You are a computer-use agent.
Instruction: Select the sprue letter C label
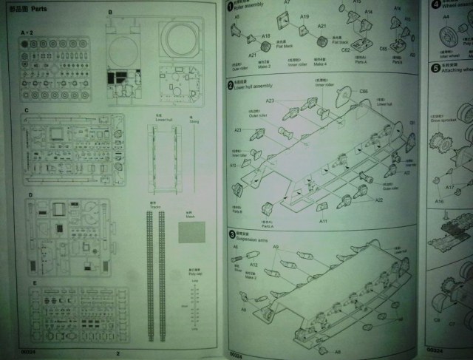pyautogui.click(x=27, y=110)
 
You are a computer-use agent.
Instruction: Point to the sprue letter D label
pyautogui.click(x=30, y=195)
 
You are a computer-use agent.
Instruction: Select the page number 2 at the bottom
pyautogui.click(x=117, y=353)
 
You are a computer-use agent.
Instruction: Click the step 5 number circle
pyautogui.click(x=435, y=65)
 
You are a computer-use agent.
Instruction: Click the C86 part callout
pyautogui.click(x=364, y=91)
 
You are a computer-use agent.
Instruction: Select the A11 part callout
pyautogui.click(x=323, y=221)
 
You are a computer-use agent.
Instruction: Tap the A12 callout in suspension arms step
pyautogui.click(x=253, y=263)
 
